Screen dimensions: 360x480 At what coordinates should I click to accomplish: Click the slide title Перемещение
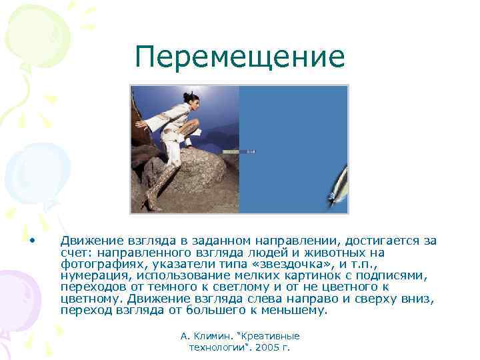pos(239,57)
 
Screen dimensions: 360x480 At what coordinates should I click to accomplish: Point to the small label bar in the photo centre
pos(239,151)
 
